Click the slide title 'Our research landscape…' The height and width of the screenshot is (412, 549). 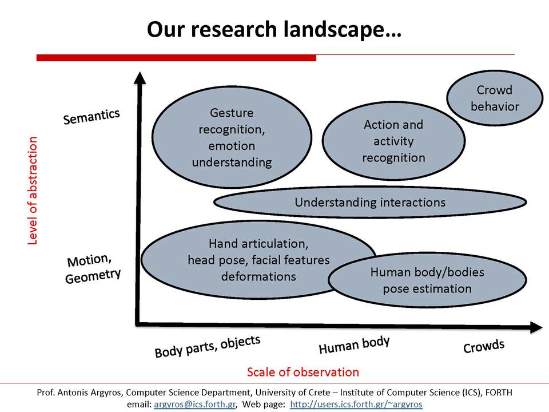pos(274,29)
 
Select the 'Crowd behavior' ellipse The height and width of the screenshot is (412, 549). pos(494,98)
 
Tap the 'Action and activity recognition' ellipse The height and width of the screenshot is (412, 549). pos(393,141)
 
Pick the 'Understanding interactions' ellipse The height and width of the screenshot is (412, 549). pos(370,202)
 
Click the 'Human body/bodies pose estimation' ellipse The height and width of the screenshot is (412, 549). pos(427,280)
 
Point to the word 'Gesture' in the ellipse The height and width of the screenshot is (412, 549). pos(232,113)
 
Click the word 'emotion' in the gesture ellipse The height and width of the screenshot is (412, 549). pos(232,146)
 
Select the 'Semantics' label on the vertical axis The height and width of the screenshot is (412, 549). pos(91,117)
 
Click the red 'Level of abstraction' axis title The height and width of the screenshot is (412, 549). pos(32,191)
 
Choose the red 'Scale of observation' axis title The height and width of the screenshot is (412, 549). pos(303,372)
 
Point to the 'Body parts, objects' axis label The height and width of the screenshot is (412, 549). pos(208,347)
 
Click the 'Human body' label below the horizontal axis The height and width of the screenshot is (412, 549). pos(354,345)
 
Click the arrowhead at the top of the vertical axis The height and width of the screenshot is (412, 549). pos(140,78)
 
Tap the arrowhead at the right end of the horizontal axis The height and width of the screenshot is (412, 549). pos(536,327)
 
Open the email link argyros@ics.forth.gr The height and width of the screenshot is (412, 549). pos(194,405)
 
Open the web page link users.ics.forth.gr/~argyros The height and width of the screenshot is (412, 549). pos(356,405)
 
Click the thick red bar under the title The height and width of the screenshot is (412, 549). pos(176,58)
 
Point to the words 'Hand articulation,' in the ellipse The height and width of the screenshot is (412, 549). pos(258,244)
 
